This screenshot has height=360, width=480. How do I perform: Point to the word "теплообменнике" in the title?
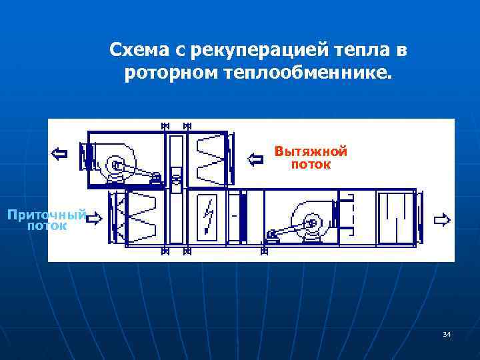(304, 71)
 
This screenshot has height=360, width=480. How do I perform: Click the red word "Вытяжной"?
(311, 151)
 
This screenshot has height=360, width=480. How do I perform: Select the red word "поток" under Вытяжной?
(311, 163)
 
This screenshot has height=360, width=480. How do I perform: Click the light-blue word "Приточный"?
(47, 215)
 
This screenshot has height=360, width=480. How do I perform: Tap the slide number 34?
(447, 334)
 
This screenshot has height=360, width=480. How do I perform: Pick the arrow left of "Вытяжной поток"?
(256, 159)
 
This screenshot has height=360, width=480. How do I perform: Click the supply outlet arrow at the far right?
(441, 219)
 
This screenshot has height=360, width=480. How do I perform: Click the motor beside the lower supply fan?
(273, 234)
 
